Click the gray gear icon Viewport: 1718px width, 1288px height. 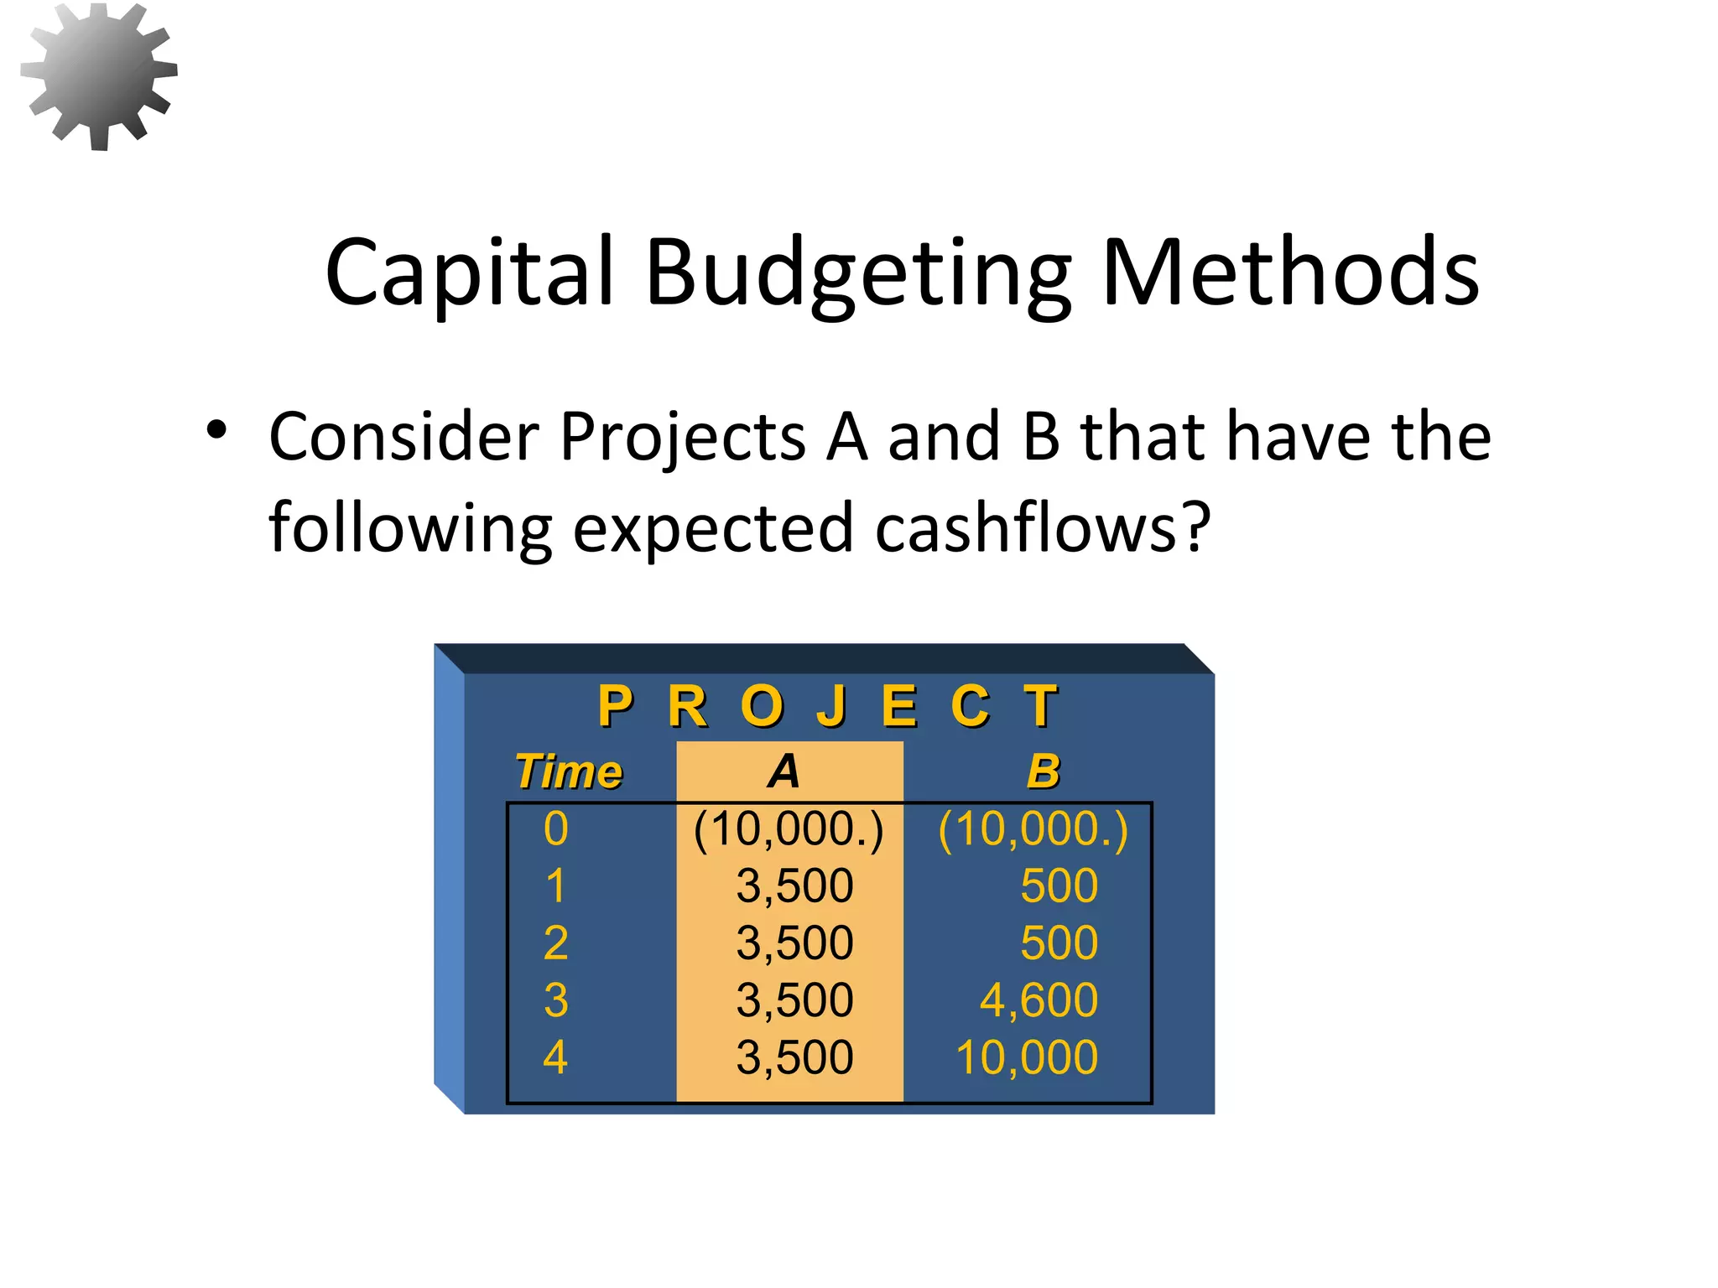click(x=99, y=75)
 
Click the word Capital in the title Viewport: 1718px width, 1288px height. click(x=470, y=273)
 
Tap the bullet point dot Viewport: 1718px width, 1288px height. click(x=216, y=430)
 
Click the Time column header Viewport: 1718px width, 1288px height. click(x=569, y=771)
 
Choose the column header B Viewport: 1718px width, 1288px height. click(x=1044, y=771)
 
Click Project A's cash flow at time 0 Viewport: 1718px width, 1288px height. click(x=789, y=829)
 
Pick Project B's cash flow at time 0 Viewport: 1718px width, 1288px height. click(x=1033, y=829)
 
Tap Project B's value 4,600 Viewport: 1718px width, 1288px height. click(x=1039, y=1000)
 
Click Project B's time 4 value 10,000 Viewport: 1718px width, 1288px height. click(x=1027, y=1057)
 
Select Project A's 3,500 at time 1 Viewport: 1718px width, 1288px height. click(x=794, y=885)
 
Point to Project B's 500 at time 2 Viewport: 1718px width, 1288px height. click(x=1059, y=943)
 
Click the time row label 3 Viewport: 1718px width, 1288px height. click(x=555, y=1000)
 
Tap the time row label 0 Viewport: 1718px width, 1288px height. click(x=555, y=829)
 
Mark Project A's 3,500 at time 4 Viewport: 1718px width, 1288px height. click(x=794, y=1057)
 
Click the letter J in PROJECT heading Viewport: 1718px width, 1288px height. click(x=831, y=706)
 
